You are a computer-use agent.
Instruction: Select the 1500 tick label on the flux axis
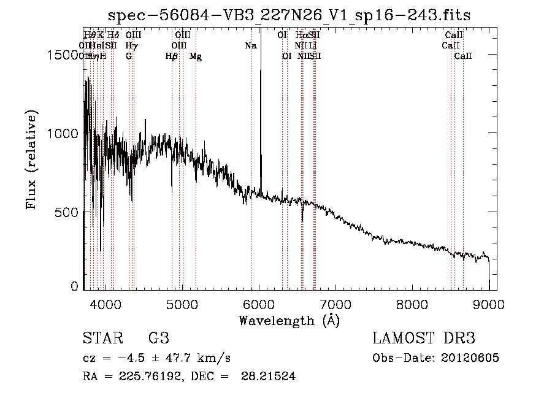pos(63,55)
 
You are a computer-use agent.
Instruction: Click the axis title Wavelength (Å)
pos(289,320)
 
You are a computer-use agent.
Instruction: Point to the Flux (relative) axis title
pos(32,160)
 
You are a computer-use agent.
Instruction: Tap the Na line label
pos(250,45)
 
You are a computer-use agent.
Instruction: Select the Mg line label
pos(196,56)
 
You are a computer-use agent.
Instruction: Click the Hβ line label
pos(172,56)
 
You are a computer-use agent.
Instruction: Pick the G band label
pos(129,56)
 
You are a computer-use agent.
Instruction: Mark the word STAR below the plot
pos(101,339)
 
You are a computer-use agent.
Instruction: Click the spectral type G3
pos(158,339)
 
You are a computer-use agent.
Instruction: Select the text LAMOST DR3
pos(424,339)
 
